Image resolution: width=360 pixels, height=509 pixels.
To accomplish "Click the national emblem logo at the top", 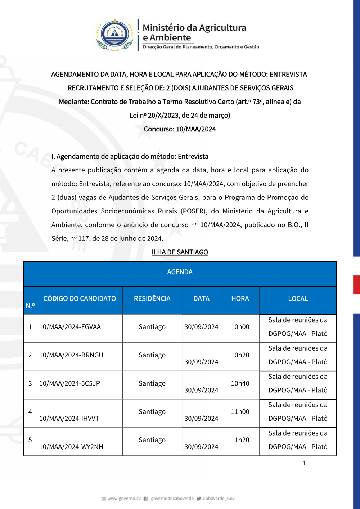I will [114, 35].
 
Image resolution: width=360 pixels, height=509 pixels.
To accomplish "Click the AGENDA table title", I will [180, 272].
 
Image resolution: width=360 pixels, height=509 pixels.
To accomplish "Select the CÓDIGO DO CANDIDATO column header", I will [80, 299].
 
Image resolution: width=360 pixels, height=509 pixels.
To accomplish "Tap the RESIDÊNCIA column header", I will [152, 299].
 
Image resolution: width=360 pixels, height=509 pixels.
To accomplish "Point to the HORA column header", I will [240, 299].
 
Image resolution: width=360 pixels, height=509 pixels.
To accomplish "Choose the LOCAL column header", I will [298, 299].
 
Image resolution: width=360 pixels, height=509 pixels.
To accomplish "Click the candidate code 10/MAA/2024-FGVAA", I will [70, 327].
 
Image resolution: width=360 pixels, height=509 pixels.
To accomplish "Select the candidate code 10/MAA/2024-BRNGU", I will [71, 355].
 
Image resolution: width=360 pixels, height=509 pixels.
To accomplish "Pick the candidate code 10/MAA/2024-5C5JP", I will [69, 383].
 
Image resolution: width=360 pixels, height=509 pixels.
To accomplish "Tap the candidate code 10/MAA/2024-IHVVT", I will [69, 419].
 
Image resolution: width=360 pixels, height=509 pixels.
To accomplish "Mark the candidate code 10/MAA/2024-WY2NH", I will [71, 447].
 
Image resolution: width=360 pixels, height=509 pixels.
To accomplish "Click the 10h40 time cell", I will [240, 383].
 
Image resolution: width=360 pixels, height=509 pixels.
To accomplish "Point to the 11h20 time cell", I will [240, 440].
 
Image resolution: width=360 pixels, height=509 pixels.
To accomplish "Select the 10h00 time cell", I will [240, 327].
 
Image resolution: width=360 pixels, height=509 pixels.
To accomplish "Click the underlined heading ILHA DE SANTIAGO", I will [180, 252].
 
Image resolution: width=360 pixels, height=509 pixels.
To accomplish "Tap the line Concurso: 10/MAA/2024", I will [180, 129].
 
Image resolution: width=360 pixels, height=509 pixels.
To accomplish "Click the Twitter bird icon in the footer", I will [199, 499].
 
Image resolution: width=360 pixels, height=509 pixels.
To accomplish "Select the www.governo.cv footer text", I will [124, 499].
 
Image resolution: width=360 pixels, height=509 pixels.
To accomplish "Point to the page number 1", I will [304, 463].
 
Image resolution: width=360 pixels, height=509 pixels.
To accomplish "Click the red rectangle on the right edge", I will [356, 285].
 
